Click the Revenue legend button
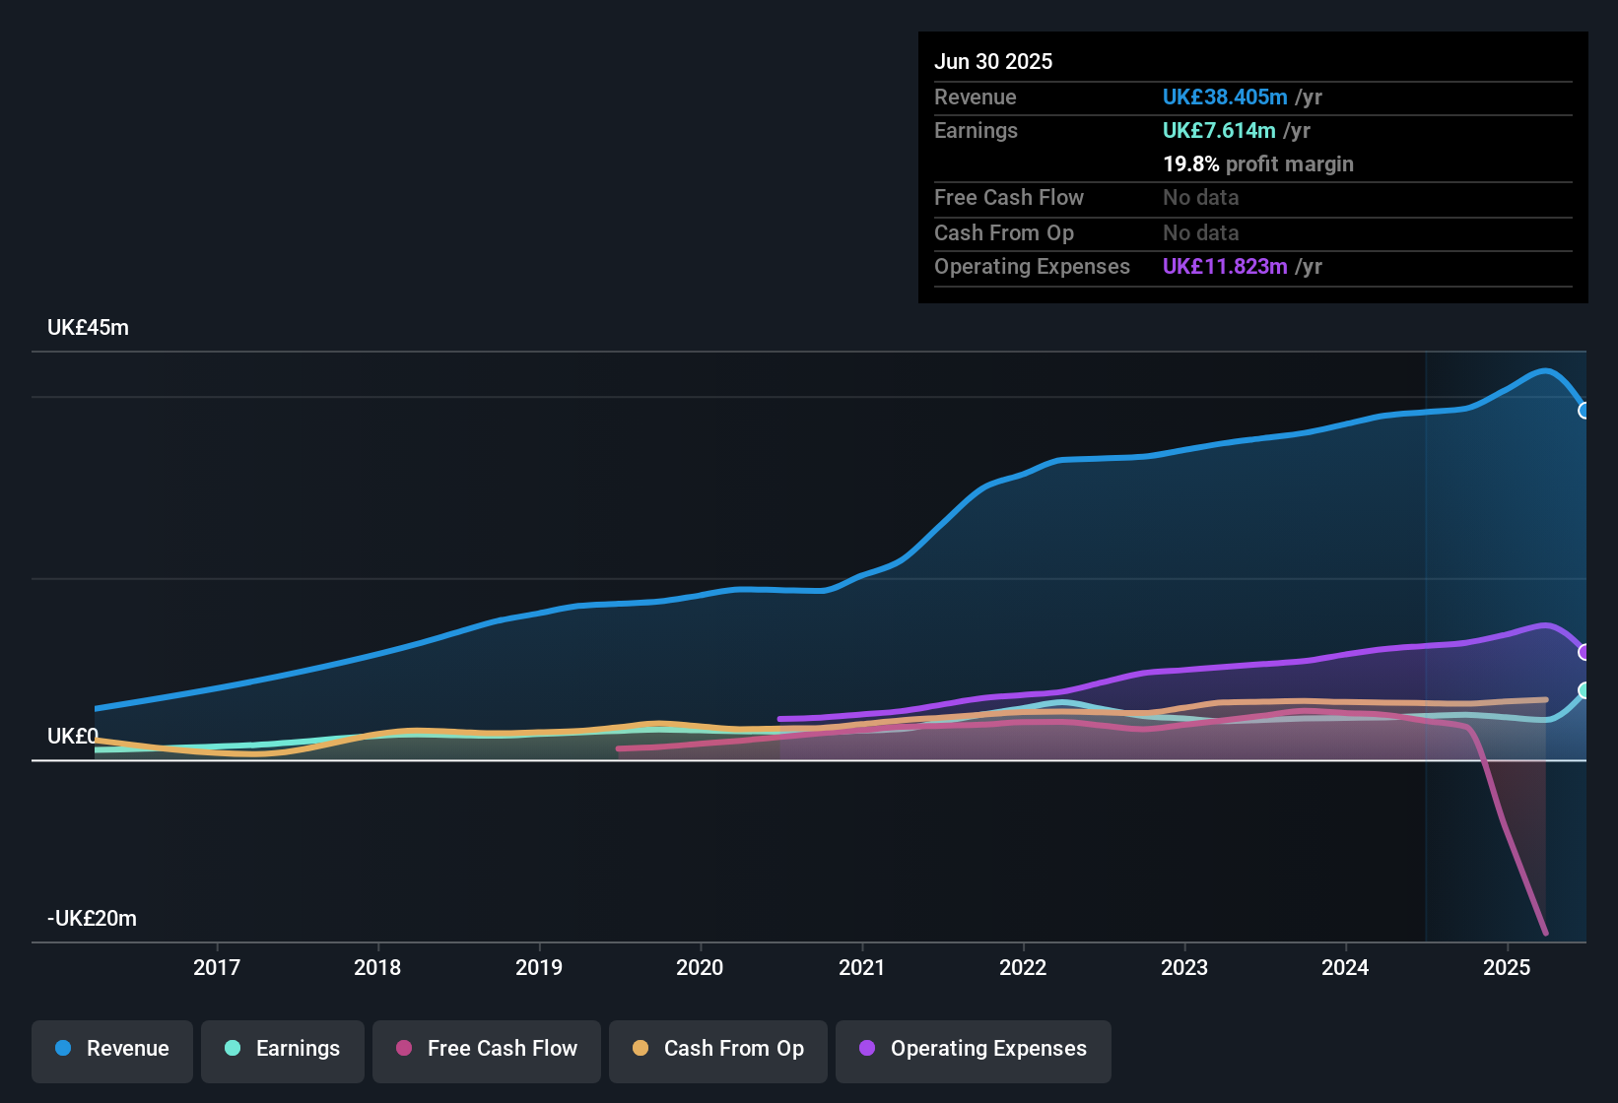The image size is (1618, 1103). coord(112,1049)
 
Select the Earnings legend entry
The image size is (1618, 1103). coord(283,1049)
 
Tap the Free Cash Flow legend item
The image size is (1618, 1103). coord(487,1049)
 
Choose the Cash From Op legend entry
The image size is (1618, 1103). coord(718,1049)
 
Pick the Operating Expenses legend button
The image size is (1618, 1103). coord(974,1049)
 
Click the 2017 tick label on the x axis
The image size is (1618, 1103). coord(217,967)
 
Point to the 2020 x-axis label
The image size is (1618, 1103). coord(700,967)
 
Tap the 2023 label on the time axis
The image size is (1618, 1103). coord(1183,967)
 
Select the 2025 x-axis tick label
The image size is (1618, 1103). coord(1506,967)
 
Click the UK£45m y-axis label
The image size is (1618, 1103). coord(89,328)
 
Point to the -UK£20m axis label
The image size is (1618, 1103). coord(93,919)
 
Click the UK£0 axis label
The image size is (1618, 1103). coord(73,737)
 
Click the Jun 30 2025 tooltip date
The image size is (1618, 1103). coord(993,62)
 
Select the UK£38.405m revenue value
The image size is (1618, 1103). coord(1225,97)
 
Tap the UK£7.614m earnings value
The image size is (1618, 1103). coord(1219,131)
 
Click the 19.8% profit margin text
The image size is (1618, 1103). coord(1257,164)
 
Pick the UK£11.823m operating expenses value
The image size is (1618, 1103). coord(1225,267)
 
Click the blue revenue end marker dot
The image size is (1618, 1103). coord(1584,411)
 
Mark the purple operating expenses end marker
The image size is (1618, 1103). coord(1584,652)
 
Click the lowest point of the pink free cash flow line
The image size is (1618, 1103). coord(1545,932)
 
